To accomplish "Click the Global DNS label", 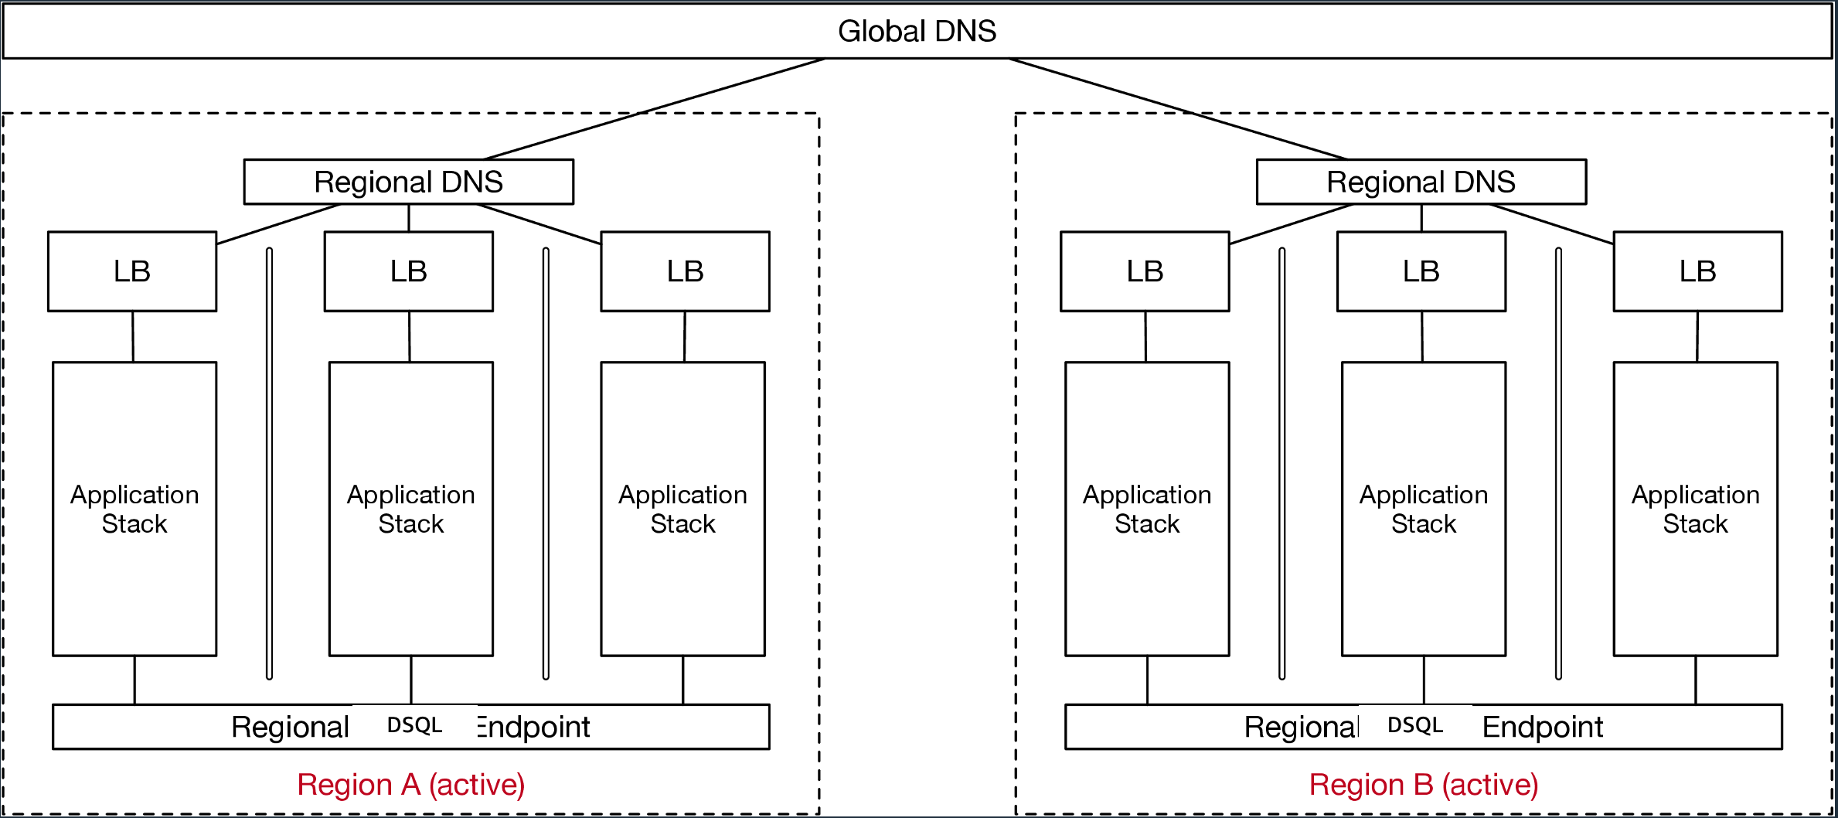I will pyautogui.click(x=917, y=31).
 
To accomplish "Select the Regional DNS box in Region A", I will pyautogui.click(x=408, y=182).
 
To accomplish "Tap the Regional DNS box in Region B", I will pyautogui.click(x=1421, y=182).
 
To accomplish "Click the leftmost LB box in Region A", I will pyautogui.click(x=132, y=271).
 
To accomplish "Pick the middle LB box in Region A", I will pyautogui.click(x=408, y=271).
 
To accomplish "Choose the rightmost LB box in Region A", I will pyautogui.click(x=685, y=271).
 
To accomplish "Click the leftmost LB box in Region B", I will pyautogui.click(x=1145, y=271).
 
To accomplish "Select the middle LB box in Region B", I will pyautogui.click(x=1421, y=271).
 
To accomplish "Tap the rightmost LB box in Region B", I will pyautogui.click(x=1697, y=271).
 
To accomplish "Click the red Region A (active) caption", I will pyautogui.click(x=410, y=785).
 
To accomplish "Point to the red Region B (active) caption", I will pyautogui.click(x=1423, y=785).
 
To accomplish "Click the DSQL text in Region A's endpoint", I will pyautogui.click(x=414, y=725).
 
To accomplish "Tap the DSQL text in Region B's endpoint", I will pyautogui.click(x=1415, y=725).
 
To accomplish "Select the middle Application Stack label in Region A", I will pyautogui.click(x=410, y=509).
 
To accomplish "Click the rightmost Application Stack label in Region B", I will pyautogui.click(x=1695, y=509).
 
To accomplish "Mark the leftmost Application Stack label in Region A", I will pyautogui.click(x=134, y=509).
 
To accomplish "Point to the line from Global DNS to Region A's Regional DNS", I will pyautogui.click(x=654, y=109).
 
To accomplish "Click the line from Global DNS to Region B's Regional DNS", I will pyautogui.click(x=1179, y=109).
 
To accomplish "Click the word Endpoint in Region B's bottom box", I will pyautogui.click(x=1542, y=727).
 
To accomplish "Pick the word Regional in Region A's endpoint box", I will pyautogui.click(x=291, y=727).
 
